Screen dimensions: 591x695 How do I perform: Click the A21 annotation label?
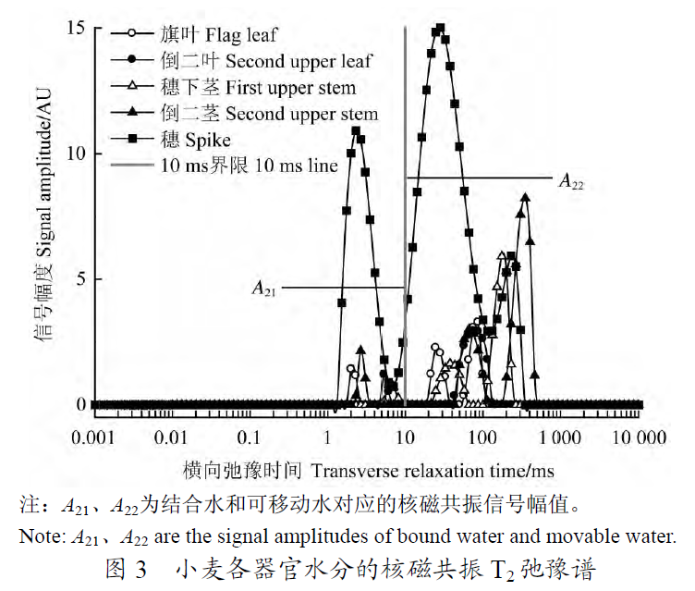265,289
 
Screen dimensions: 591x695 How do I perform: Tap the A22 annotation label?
571,182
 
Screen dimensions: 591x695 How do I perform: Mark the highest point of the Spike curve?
440,28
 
